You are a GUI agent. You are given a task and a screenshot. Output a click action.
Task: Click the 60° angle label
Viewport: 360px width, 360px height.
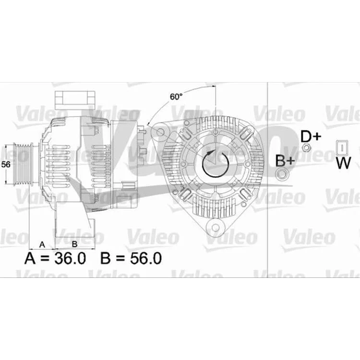(x=176, y=96)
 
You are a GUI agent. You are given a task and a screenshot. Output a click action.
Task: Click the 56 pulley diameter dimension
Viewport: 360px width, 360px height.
(x=6, y=164)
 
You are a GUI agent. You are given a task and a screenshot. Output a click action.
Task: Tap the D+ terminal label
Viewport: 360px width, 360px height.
(x=311, y=136)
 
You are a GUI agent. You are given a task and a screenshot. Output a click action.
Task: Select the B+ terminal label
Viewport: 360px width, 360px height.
(x=285, y=161)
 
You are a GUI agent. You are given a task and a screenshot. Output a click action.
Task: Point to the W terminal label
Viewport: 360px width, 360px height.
(x=344, y=163)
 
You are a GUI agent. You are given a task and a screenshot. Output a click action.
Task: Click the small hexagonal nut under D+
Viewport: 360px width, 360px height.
(x=306, y=148)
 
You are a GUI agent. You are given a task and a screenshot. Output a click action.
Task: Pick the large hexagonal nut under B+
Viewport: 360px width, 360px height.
(x=282, y=174)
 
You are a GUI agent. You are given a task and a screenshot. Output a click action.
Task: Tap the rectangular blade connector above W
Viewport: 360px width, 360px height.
(x=342, y=147)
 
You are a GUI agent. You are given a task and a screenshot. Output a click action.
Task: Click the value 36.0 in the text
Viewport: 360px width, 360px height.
(x=70, y=258)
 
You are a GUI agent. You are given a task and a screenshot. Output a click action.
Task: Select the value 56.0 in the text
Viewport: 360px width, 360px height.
(x=146, y=258)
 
